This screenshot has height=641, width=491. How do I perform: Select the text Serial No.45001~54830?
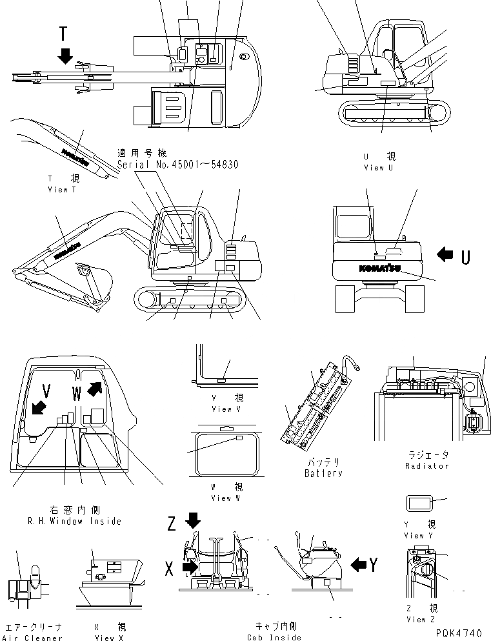pyautogui.click(x=178, y=165)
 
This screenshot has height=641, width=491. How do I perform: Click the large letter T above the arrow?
pyautogui.click(x=63, y=34)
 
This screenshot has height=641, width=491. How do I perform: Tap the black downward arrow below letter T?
pyautogui.click(x=64, y=56)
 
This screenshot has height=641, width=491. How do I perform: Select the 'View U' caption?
pyautogui.click(x=378, y=168)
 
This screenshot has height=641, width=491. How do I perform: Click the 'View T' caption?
pyautogui.click(x=62, y=190)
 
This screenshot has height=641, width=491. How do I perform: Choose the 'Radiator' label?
pyautogui.click(x=427, y=465)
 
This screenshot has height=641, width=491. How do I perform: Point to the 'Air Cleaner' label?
pyautogui.click(x=34, y=638)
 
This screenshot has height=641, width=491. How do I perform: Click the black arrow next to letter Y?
pyautogui.click(x=358, y=565)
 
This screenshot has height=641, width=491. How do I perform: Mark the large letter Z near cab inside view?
pyautogui.click(x=171, y=524)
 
